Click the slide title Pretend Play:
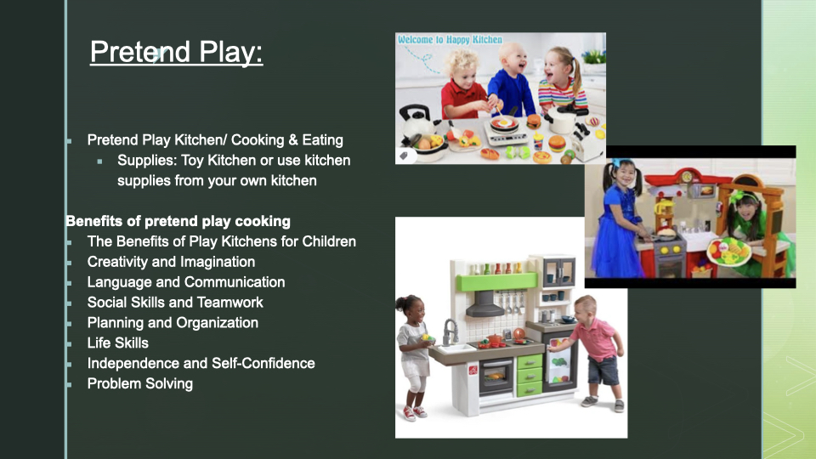pos(177,52)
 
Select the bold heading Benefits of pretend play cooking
pos(178,221)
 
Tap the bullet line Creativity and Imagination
pos(171,262)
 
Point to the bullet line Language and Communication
pos(186,282)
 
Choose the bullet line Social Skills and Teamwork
pos(175,303)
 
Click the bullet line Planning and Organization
pos(173,323)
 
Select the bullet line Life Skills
pos(118,343)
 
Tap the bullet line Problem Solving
pos(140,383)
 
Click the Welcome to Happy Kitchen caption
pos(450,40)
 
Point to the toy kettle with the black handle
pos(416,122)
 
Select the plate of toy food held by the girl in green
pos(728,251)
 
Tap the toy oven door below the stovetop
pos(496,376)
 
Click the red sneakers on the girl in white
pos(414,413)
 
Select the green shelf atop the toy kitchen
pos(497,281)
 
